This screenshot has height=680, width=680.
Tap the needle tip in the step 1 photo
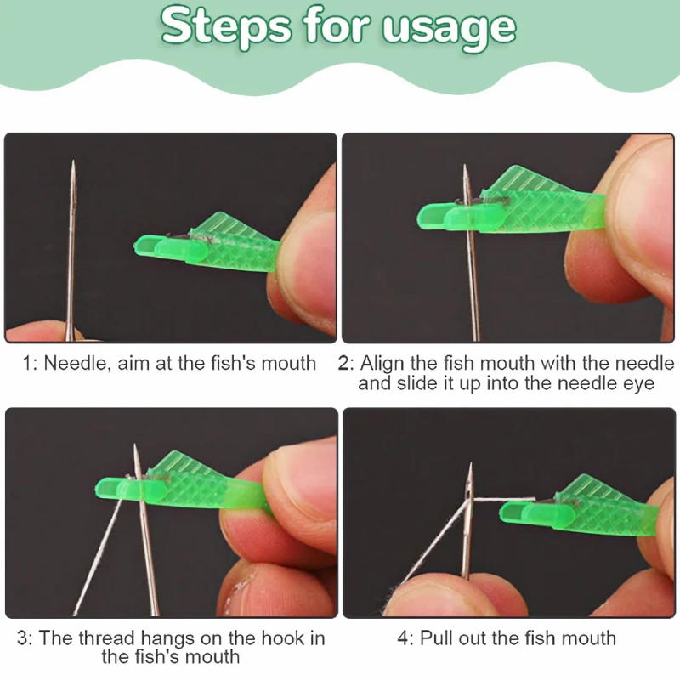[x=73, y=163]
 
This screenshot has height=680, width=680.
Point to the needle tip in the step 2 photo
[x=465, y=167]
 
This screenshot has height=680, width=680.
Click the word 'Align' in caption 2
[x=382, y=364]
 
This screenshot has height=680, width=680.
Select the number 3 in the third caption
[x=23, y=638]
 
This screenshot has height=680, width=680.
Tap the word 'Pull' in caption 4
[x=439, y=637]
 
